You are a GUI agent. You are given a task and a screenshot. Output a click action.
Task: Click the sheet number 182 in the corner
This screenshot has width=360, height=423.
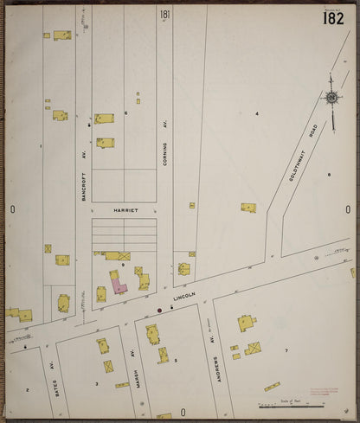click(334, 18)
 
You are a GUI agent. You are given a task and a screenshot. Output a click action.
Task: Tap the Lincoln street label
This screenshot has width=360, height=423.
click(185, 297)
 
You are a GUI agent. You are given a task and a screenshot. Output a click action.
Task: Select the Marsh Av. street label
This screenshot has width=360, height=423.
click(135, 367)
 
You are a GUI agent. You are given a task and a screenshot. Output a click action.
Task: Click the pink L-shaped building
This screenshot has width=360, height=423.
click(116, 282)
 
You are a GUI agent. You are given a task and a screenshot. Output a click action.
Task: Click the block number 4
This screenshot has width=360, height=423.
click(256, 113)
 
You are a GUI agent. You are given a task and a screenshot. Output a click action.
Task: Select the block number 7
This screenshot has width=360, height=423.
click(286, 351)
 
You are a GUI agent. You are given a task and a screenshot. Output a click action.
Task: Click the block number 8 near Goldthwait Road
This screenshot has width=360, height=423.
click(329, 176)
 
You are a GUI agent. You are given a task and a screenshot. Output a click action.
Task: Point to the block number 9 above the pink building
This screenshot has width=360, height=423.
click(123, 266)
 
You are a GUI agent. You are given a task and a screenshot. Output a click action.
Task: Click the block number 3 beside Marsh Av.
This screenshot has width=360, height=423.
click(96, 383)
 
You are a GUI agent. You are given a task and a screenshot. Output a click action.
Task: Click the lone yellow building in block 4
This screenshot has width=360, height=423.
click(248, 208)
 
